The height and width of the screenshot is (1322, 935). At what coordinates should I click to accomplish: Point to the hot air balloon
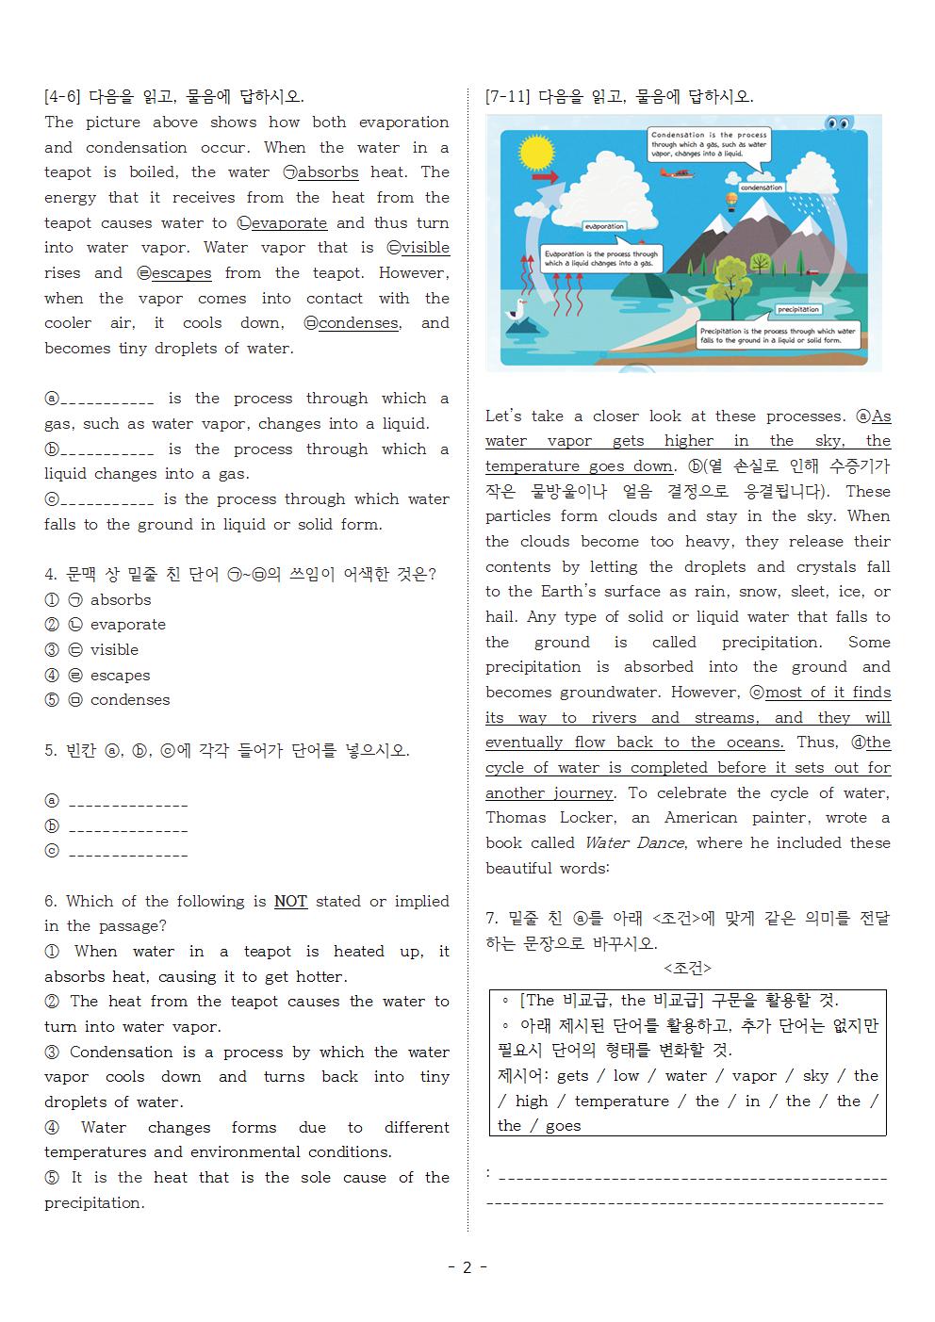coord(730,201)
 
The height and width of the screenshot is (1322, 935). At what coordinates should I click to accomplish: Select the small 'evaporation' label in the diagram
coord(604,226)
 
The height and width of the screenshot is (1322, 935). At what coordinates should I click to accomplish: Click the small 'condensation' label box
coord(762,188)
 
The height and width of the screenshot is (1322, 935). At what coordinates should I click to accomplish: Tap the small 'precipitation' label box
coord(797,309)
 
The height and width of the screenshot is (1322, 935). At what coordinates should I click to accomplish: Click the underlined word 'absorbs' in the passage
coord(328,172)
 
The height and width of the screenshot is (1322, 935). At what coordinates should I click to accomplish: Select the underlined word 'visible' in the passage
coord(425,248)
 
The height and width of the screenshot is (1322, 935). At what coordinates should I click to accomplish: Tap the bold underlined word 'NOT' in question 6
coord(290,902)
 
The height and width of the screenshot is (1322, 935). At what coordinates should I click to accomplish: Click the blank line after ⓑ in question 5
coord(128,830)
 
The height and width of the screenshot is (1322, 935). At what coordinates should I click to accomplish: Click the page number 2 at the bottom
coord(467,1267)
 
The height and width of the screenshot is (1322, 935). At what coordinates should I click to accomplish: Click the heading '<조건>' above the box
coord(687,969)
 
